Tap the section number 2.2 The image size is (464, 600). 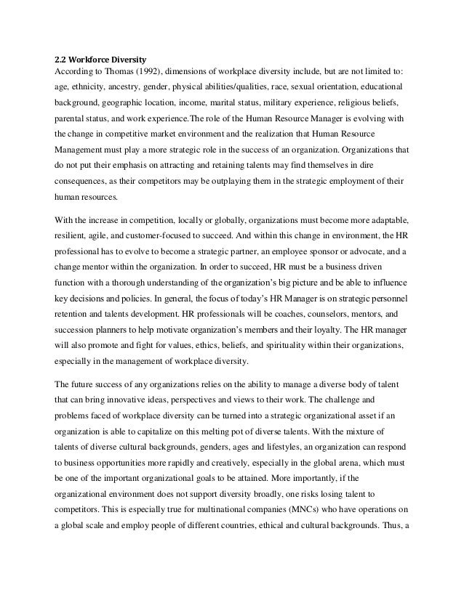tap(63, 58)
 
